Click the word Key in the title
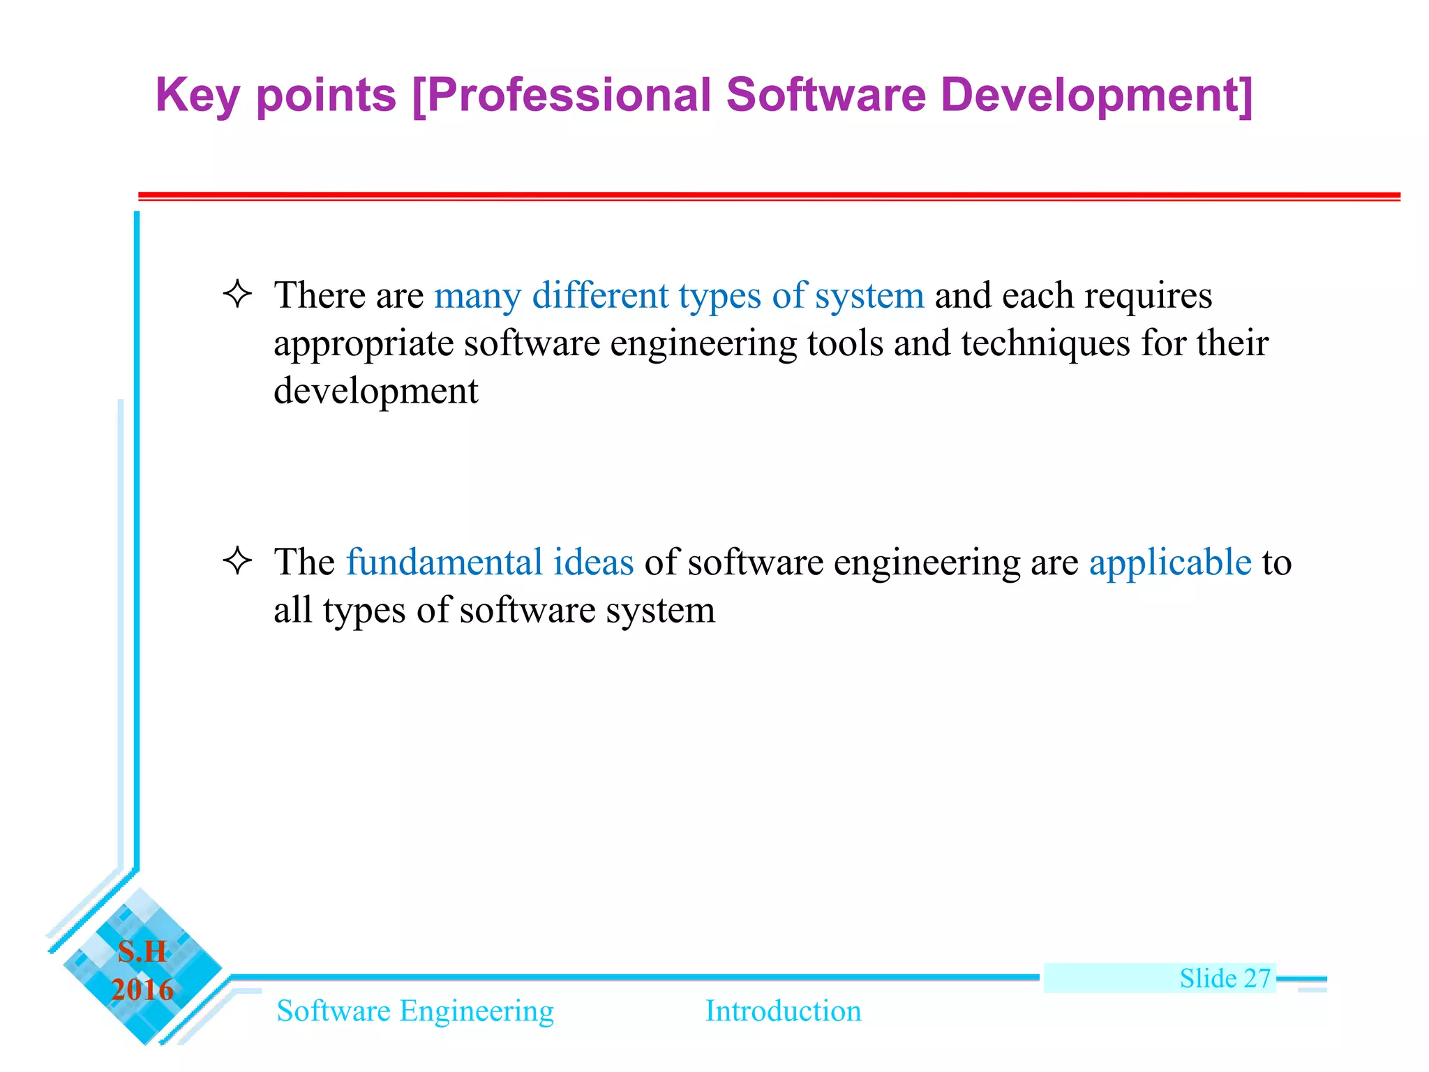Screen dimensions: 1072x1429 pos(197,96)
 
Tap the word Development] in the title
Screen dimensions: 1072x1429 pos(1096,96)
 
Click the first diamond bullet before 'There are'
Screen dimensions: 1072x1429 pos(237,294)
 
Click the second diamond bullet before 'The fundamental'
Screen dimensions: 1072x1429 pos(237,560)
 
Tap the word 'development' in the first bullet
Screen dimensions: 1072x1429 pos(375,392)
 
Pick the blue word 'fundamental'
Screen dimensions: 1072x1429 pos(444,562)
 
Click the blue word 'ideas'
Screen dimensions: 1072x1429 pos(593,562)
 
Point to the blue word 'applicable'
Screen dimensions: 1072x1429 pos(1170,563)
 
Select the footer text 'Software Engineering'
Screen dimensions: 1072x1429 pos(415,1011)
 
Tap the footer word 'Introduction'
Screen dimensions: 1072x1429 pos(783,1011)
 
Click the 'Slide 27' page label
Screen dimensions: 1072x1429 pos(1225,978)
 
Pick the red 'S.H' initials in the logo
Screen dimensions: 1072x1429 pos(142,951)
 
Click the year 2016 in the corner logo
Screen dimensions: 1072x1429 pos(142,990)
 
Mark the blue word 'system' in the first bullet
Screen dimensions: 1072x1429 pos(869,297)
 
